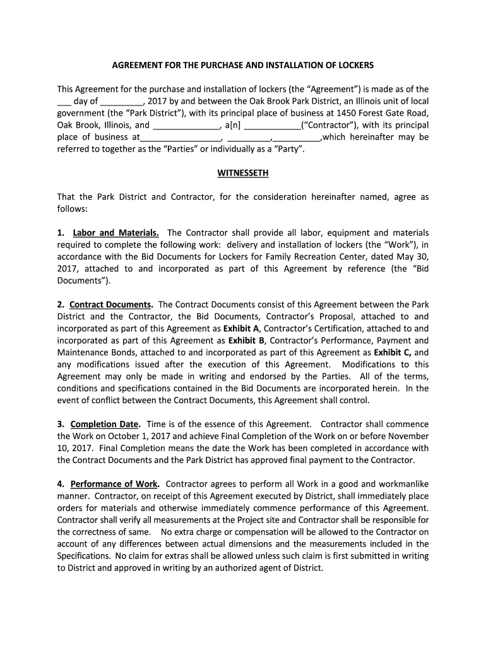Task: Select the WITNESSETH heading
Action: click(x=243, y=172)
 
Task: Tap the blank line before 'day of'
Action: click(x=64, y=102)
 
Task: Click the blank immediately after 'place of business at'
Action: click(x=180, y=138)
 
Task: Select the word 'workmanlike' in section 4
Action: click(x=404, y=485)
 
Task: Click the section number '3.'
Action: click(x=61, y=425)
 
